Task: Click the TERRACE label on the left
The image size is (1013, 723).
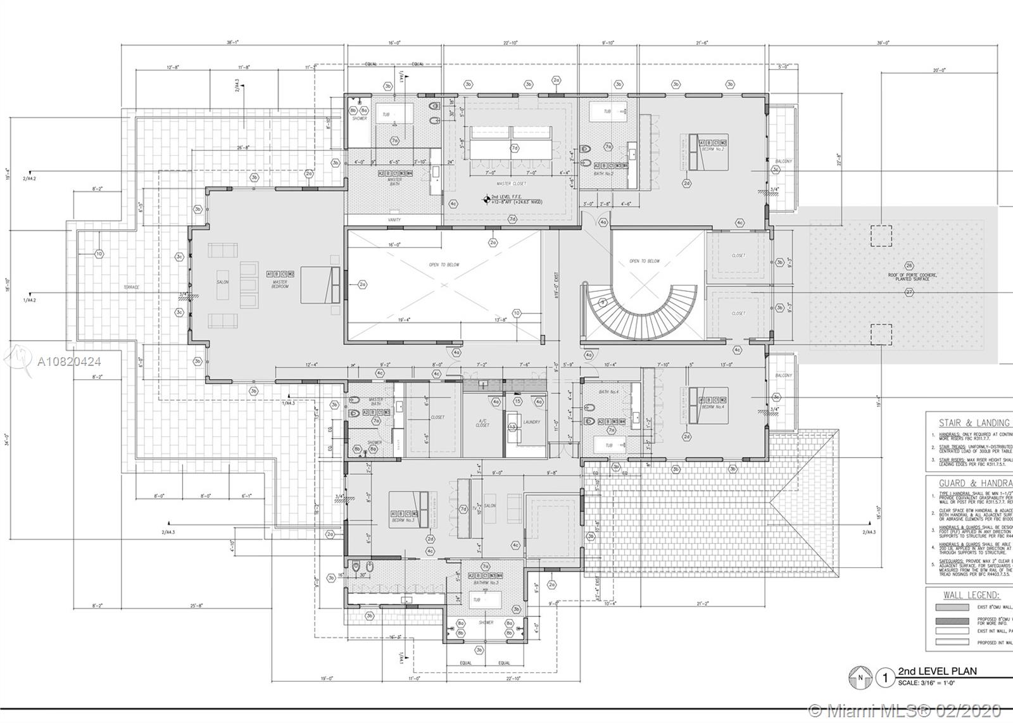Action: [131, 287]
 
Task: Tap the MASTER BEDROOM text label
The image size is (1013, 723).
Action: [280, 284]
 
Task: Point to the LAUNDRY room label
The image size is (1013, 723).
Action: [532, 422]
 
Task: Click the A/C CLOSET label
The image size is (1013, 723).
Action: [482, 423]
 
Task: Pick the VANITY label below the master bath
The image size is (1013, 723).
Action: [394, 220]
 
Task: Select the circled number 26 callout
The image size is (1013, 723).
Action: [909, 265]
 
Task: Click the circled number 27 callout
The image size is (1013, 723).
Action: [909, 292]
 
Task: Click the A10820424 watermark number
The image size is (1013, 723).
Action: [69, 362]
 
